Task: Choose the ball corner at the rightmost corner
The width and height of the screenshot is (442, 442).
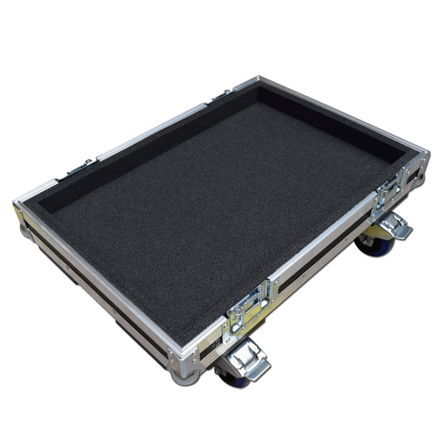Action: click(x=421, y=177)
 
